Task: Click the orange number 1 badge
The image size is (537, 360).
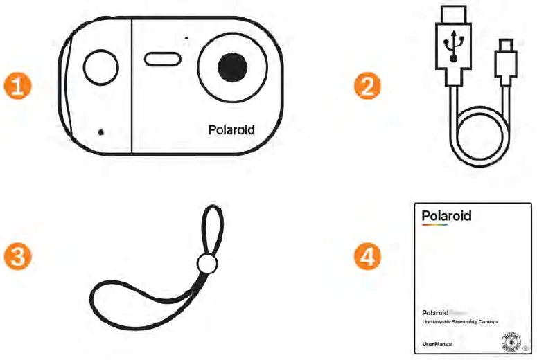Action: [x=18, y=87]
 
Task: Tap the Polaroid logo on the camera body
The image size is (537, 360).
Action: [x=231, y=129]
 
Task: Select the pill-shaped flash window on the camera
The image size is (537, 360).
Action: [x=163, y=59]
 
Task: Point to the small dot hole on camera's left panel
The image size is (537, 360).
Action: [x=101, y=132]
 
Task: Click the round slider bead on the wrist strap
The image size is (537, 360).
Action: [x=206, y=263]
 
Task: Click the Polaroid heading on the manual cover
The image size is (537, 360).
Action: [x=446, y=216]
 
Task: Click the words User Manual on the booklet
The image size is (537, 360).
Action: [x=438, y=344]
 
